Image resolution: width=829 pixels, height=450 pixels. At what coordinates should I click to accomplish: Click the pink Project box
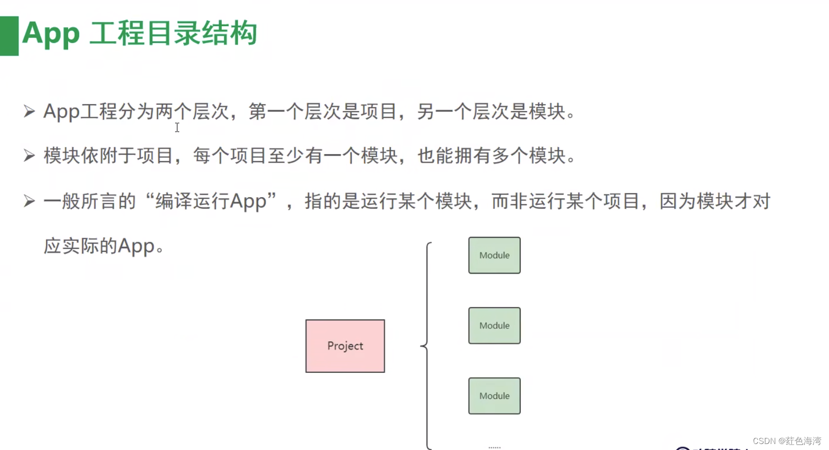click(x=345, y=346)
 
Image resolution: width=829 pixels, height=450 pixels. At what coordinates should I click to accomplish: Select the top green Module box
click(x=494, y=255)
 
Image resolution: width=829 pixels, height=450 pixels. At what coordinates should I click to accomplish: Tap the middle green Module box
click(x=494, y=325)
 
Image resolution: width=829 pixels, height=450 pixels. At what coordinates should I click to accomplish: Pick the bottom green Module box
click(x=494, y=396)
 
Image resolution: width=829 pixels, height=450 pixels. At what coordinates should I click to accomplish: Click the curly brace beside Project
click(x=427, y=345)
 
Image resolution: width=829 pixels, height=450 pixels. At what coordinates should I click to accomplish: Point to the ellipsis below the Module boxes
click(x=494, y=447)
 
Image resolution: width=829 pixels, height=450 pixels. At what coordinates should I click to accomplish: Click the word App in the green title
click(x=51, y=34)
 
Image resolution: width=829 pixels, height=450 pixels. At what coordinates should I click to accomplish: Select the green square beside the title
click(x=9, y=36)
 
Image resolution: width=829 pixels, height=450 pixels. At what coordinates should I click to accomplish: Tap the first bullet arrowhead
click(x=29, y=111)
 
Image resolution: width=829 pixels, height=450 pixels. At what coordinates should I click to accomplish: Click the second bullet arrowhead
click(x=29, y=156)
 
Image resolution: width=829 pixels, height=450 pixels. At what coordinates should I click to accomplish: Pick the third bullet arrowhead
click(x=29, y=201)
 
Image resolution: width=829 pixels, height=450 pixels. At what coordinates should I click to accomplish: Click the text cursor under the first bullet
click(x=177, y=128)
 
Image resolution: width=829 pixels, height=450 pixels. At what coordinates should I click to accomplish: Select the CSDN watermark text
click(x=786, y=441)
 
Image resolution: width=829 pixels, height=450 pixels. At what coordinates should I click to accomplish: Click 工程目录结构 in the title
click(x=173, y=34)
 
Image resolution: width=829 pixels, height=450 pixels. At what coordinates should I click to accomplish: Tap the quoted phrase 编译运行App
click(x=211, y=201)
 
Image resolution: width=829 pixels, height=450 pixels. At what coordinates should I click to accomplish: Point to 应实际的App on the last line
click(x=99, y=246)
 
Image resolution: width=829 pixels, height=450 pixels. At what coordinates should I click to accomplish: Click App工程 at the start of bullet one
click(x=80, y=111)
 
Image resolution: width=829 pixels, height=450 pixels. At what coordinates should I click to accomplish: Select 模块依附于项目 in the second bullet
click(x=108, y=156)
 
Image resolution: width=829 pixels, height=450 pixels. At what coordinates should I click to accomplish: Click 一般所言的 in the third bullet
click(x=90, y=201)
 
